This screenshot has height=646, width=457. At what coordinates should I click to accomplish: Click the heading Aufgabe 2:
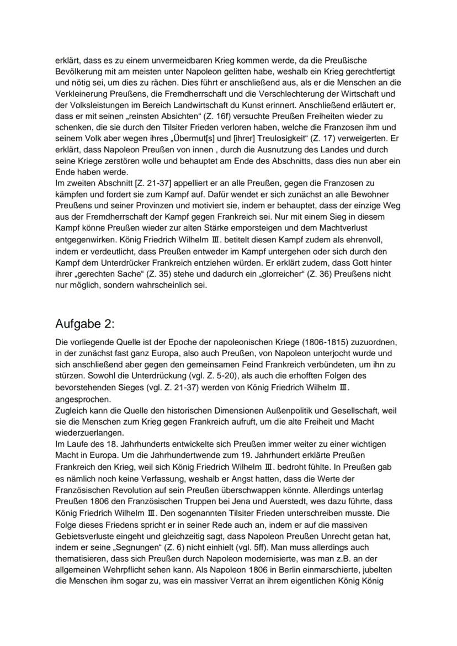85,322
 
